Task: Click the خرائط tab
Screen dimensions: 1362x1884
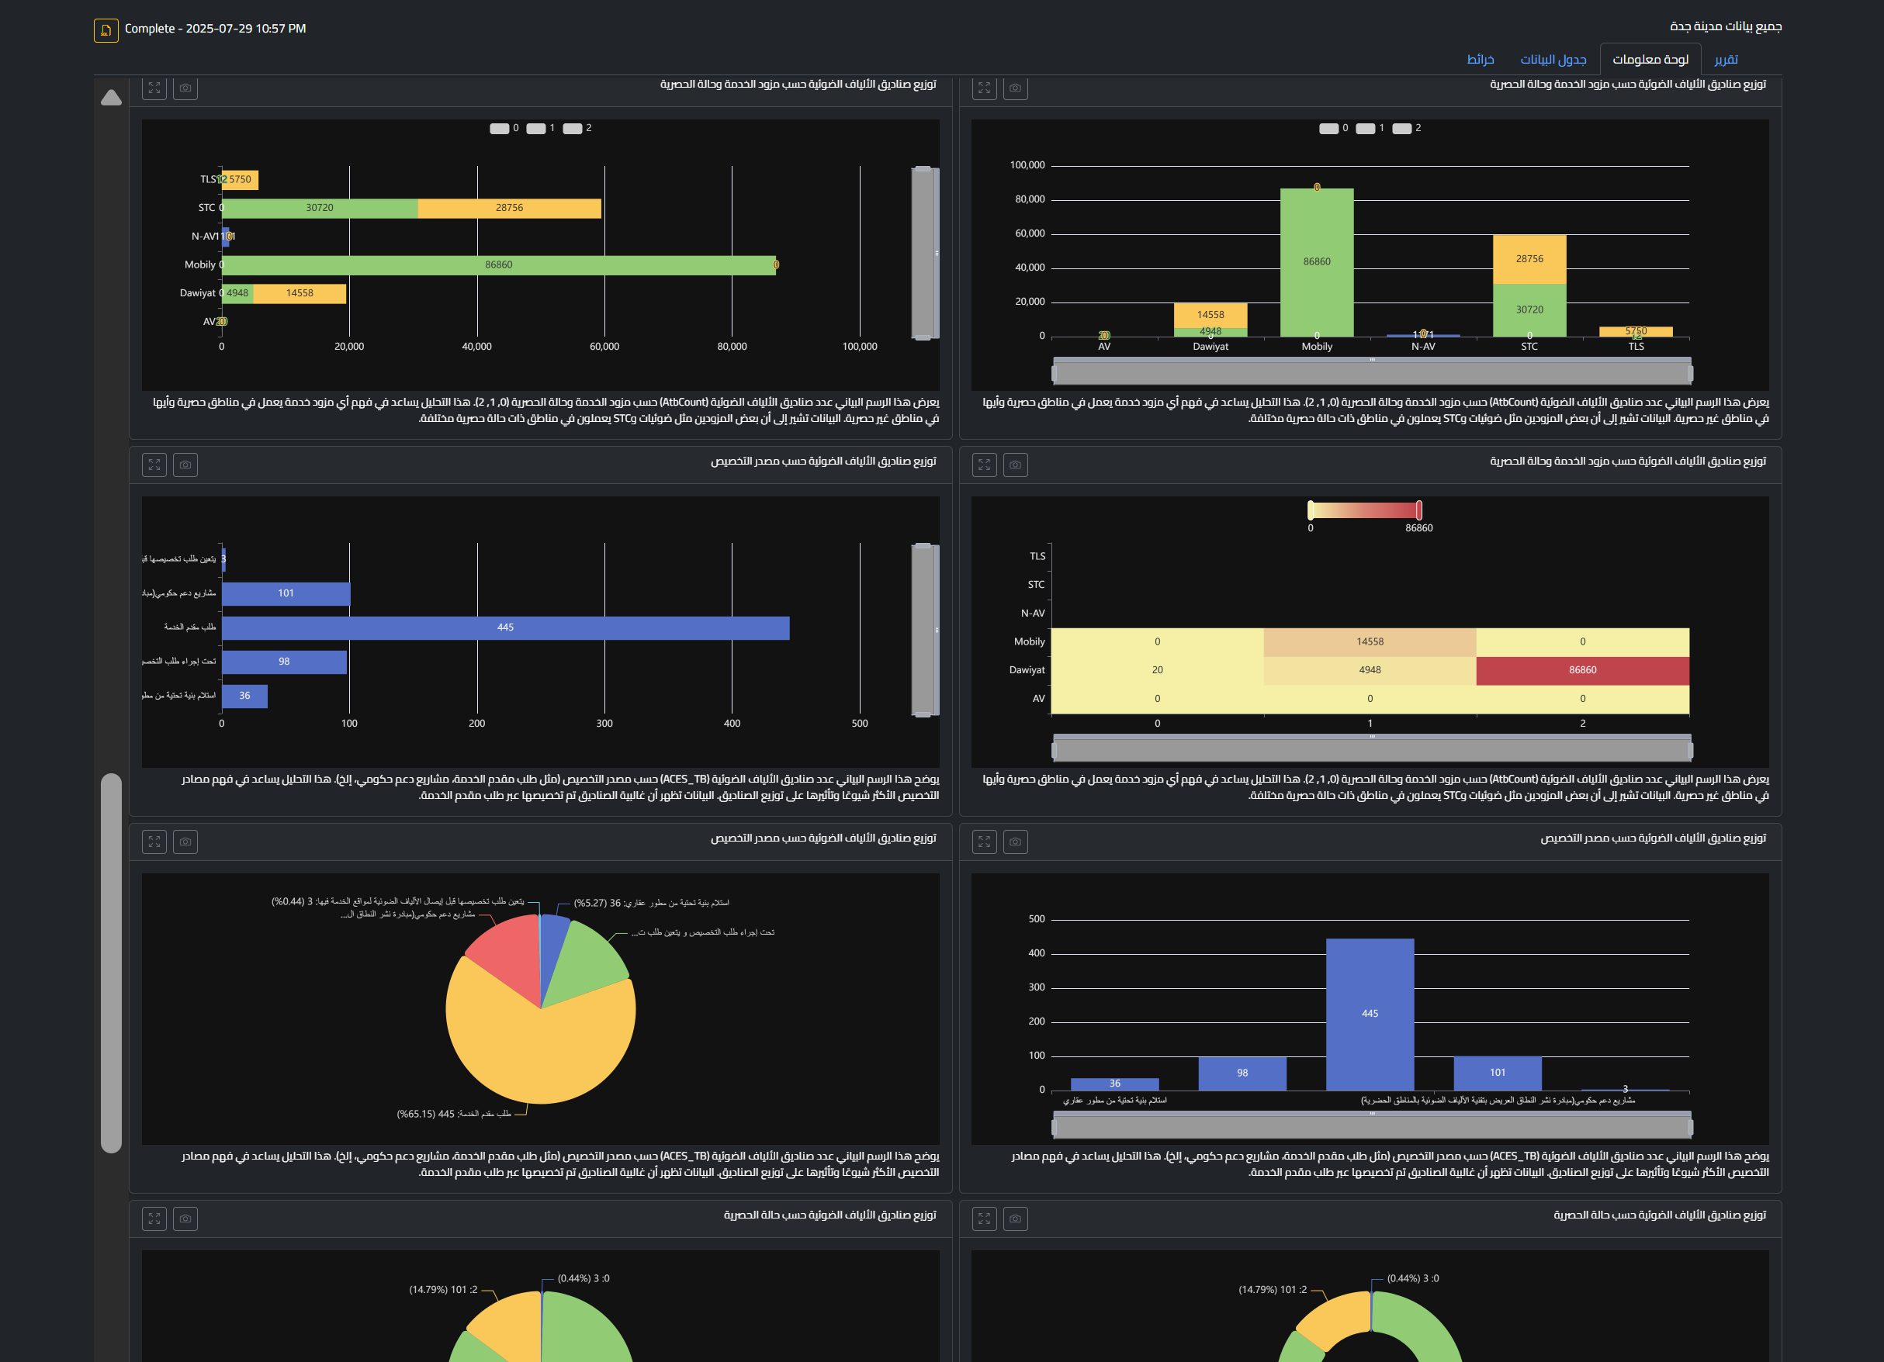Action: click(x=1480, y=59)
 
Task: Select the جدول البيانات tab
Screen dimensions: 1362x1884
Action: click(x=1553, y=59)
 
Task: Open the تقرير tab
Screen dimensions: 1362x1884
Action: click(x=1726, y=59)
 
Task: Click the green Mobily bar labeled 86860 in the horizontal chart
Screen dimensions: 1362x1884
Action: click(x=498, y=265)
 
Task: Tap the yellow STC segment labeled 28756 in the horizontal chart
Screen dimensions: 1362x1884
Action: click(x=508, y=208)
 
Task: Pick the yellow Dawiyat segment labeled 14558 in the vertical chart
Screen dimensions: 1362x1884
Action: click(x=1210, y=315)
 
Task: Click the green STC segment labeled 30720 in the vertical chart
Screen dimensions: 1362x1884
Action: click(x=1529, y=309)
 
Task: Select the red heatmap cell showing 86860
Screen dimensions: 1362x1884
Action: click(x=1582, y=670)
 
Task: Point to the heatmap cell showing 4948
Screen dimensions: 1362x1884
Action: click(x=1370, y=670)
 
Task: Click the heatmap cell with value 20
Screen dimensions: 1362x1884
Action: click(x=1157, y=670)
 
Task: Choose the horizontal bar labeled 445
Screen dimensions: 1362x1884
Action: click(x=505, y=627)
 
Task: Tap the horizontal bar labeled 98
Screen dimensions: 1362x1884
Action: click(x=284, y=662)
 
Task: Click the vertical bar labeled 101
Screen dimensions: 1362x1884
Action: click(x=1497, y=1073)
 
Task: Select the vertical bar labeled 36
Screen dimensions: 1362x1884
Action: click(x=1115, y=1084)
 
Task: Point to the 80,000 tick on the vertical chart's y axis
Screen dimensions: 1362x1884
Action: click(x=1029, y=199)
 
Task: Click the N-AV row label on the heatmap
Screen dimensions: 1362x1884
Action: click(x=1033, y=613)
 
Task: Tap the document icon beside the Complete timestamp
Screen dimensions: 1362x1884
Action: click(x=106, y=30)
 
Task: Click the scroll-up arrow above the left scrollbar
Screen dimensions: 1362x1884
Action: click(x=111, y=98)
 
